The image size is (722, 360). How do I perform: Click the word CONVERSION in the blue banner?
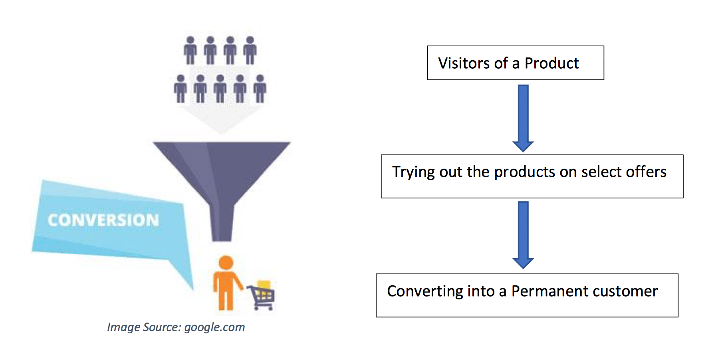103,220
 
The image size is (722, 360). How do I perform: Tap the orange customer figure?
226,283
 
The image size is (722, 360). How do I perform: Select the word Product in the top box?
551,63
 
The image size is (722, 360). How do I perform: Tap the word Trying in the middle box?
413,172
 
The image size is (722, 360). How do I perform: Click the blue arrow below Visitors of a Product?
523,118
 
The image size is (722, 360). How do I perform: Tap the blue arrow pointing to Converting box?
523,235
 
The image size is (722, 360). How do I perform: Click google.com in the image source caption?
214,327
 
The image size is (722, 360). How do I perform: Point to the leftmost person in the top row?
190,51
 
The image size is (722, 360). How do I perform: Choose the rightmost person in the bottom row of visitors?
260,89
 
